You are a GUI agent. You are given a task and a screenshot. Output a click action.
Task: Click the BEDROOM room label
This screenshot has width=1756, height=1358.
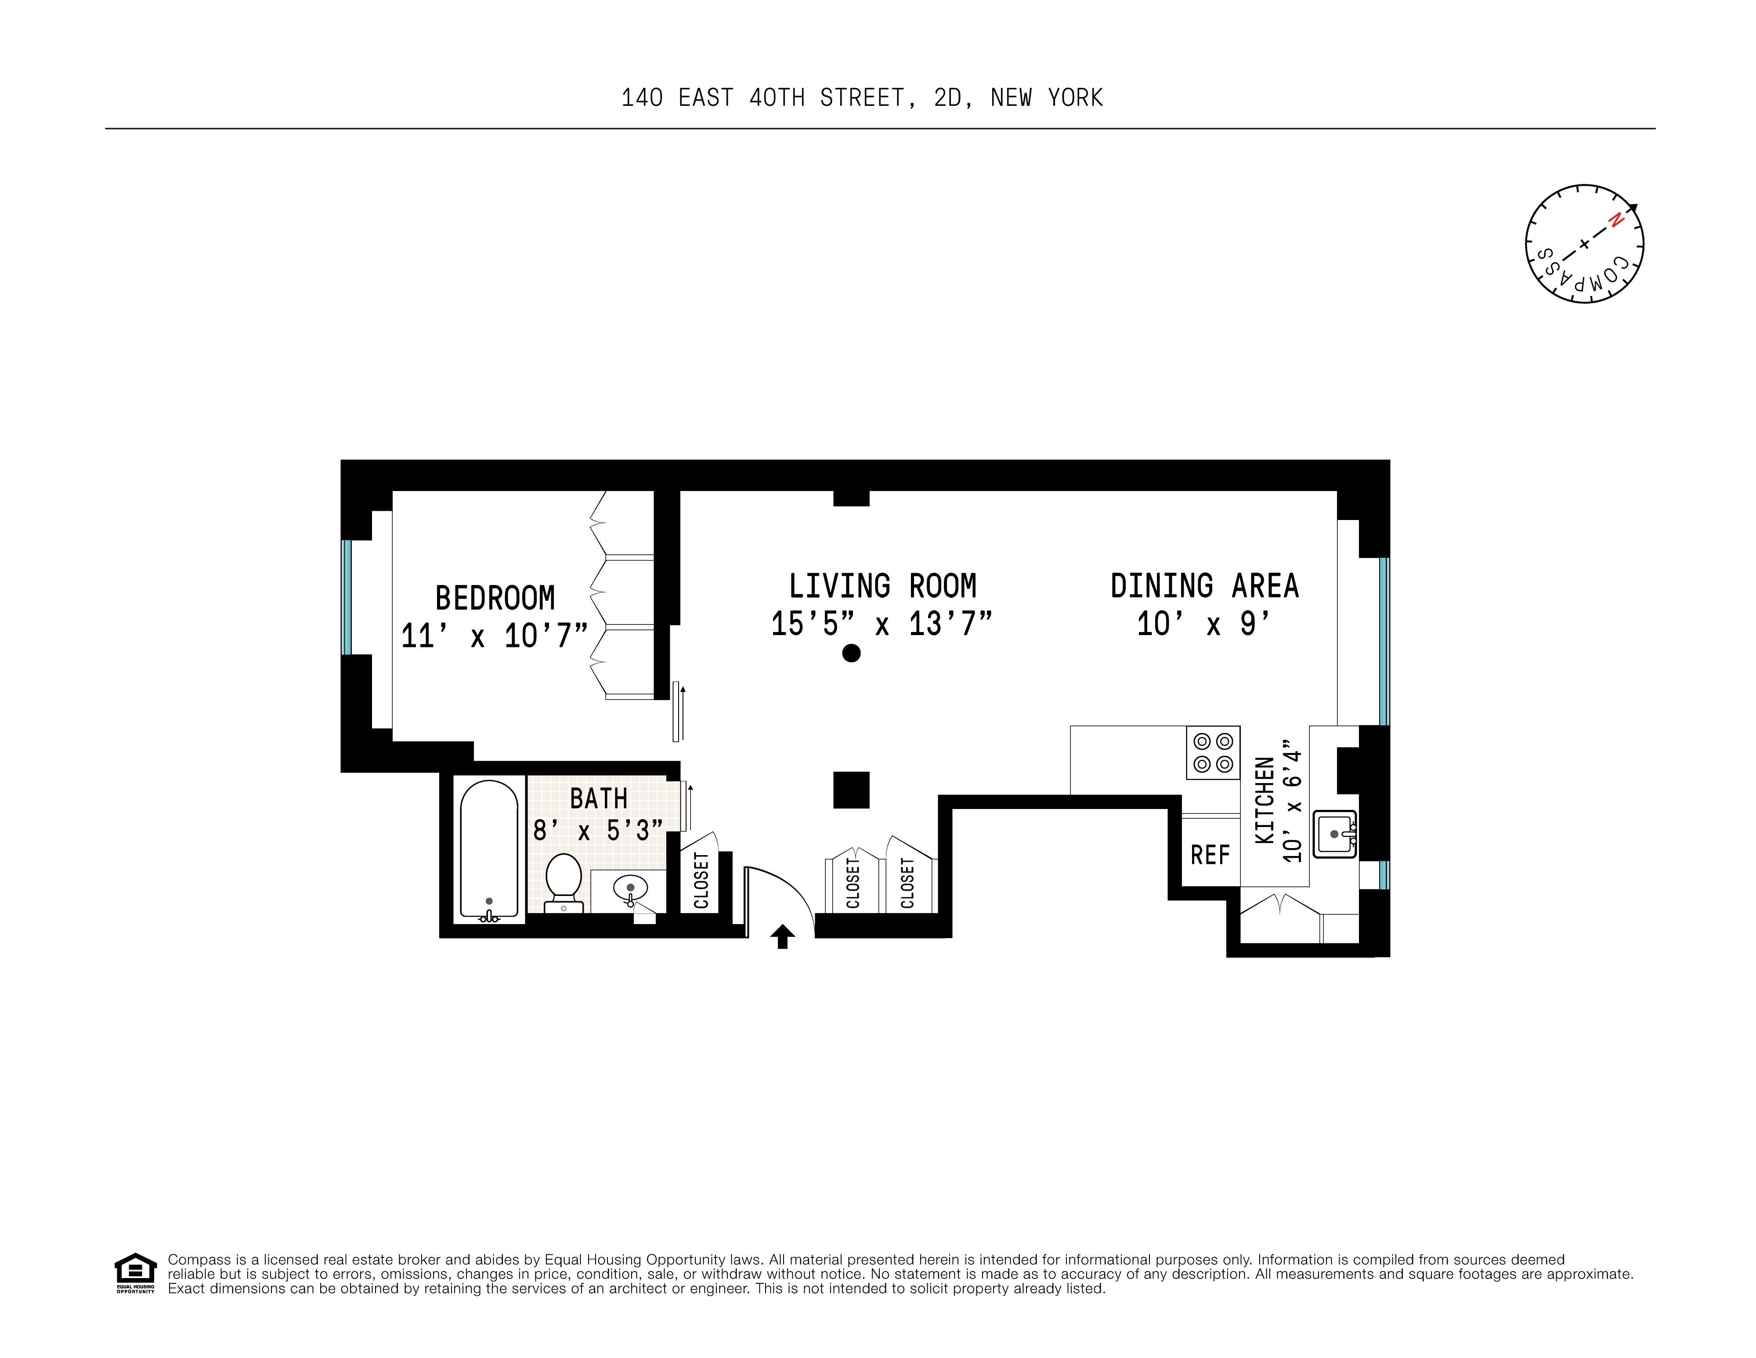pyautogui.click(x=495, y=598)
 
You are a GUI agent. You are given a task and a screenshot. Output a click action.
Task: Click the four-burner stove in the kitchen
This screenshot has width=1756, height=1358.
pyautogui.click(x=1213, y=753)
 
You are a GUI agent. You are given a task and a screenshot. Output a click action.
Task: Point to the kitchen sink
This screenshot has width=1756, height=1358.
pyautogui.click(x=1334, y=834)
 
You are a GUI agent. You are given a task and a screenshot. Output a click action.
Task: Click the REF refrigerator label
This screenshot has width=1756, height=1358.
pyautogui.click(x=1210, y=855)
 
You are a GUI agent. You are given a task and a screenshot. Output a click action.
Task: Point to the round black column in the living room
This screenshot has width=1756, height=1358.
pyautogui.click(x=851, y=653)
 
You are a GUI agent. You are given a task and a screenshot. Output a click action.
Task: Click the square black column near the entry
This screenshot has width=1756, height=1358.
pyautogui.click(x=851, y=790)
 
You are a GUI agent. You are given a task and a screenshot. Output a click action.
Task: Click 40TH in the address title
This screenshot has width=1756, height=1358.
pyautogui.click(x=776, y=98)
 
